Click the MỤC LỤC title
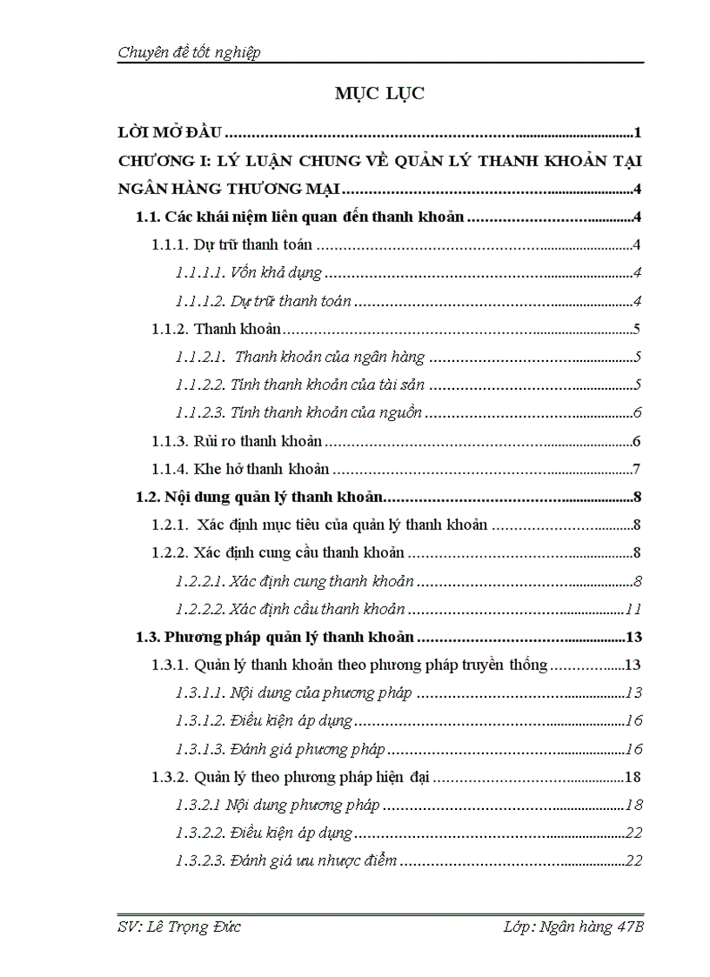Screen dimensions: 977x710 379,94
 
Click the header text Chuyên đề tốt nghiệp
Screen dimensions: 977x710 189,53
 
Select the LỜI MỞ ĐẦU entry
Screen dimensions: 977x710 171,133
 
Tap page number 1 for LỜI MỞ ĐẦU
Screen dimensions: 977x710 638,133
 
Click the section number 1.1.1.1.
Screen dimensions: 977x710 200,273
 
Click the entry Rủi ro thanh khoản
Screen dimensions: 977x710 258,441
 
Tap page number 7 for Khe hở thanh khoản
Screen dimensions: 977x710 637,470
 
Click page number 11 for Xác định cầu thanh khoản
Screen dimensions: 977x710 633,609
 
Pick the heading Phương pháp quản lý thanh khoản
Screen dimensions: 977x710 290,638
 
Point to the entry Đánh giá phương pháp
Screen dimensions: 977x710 308,749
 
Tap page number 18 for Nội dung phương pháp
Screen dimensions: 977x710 633,805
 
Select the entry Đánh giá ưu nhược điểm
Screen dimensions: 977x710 314,860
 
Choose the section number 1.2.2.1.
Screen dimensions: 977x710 200,581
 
